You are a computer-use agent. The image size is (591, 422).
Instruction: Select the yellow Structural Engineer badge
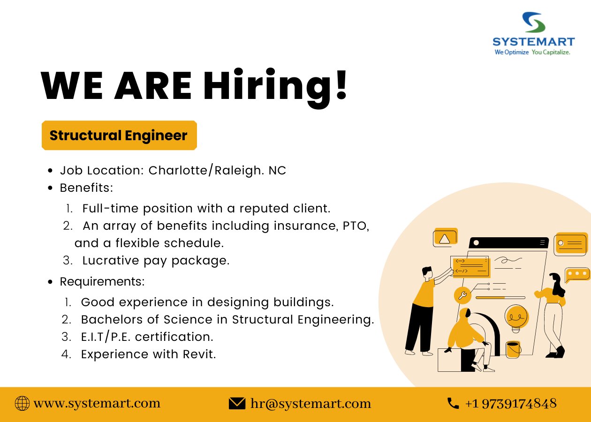tap(119, 136)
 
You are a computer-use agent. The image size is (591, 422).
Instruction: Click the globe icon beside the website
tap(22, 403)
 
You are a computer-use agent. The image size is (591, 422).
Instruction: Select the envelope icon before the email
tap(237, 403)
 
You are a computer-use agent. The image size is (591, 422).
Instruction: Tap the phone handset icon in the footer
tap(453, 403)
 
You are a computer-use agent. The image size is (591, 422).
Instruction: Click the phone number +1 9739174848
tap(511, 403)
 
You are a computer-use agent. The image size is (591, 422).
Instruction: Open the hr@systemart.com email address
tap(311, 403)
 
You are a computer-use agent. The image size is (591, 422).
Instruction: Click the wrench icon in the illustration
tap(462, 295)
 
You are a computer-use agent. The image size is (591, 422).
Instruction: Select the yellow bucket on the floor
tap(514, 349)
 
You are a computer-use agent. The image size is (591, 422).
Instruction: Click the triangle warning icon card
tap(445, 238)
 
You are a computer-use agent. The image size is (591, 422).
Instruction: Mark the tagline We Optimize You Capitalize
tap(532, 53)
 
